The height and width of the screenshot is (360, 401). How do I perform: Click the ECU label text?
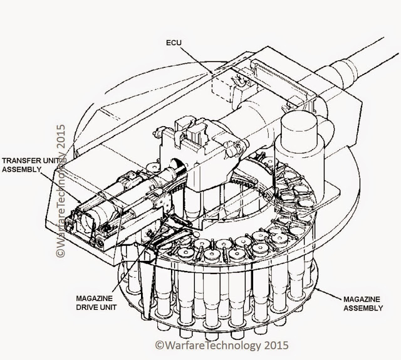(x=174, y=43)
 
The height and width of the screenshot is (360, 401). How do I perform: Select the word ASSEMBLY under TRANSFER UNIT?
(x=22, y=169)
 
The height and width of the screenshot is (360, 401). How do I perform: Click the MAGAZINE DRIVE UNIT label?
(x=96, y=303)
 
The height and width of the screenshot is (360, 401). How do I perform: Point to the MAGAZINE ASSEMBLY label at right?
(x=363, y=304)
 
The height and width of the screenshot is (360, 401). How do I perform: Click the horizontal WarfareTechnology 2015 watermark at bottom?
(x=222, y=345)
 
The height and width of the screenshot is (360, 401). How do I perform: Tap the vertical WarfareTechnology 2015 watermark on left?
(x=61, y=191)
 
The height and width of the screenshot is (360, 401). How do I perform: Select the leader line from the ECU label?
(x=197, y=60)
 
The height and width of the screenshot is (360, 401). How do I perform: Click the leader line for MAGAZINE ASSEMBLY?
(x=329, y=294)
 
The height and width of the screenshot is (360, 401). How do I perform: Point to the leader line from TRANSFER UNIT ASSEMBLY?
(x=61, y=187)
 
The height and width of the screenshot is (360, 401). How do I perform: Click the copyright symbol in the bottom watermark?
(x=159, y=345)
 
